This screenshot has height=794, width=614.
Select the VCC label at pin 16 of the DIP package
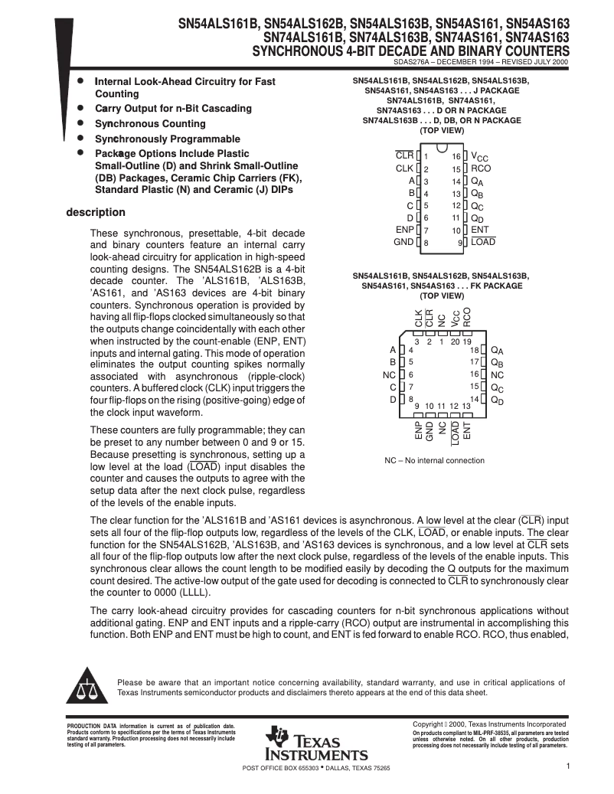point(479,156)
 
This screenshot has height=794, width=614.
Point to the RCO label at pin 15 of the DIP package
point(481,168)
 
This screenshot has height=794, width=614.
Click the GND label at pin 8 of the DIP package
point(403,242)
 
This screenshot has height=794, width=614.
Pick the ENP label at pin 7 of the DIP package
point(404,230)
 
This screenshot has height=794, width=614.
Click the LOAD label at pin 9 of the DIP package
point(483,242)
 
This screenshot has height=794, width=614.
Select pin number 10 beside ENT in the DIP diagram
point(456,230)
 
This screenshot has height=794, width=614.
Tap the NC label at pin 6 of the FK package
point(388,375)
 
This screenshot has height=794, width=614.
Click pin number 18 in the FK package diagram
point(474,350)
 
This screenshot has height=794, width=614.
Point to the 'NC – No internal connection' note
point(434,460)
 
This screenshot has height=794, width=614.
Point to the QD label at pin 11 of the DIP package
point(477,218)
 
